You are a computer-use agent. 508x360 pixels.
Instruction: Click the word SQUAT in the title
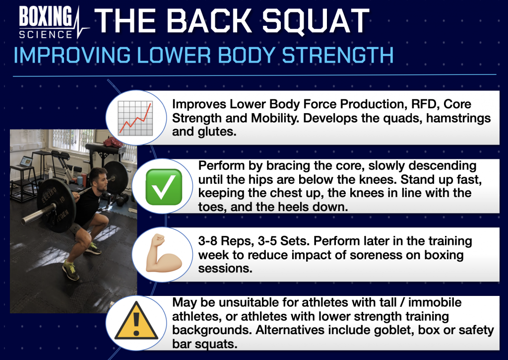point(316,21)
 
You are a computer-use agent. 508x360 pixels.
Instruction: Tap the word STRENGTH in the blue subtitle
point(338,55)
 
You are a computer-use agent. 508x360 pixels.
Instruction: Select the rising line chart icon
point(135,118)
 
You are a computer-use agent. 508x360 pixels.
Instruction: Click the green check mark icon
point(164,187)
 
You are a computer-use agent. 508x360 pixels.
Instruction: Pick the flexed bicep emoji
point(164,253)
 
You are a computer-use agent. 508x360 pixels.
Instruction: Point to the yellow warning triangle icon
point(136,321)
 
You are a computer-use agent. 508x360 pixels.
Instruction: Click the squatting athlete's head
point(98,179)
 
